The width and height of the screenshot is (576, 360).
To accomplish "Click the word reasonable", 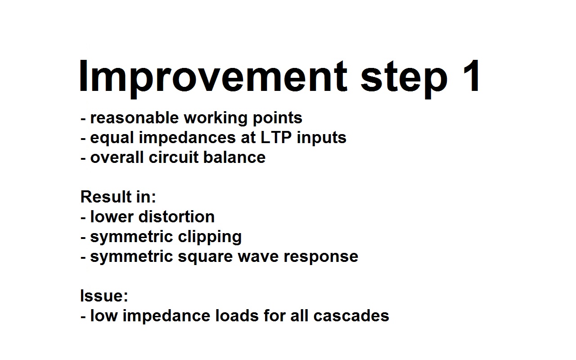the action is tap(135, 118).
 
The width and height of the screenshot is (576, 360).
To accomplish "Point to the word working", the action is tap(216, 119).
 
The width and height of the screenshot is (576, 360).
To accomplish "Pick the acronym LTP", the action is tap(276, 137).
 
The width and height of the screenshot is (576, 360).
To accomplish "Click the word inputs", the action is tap(321, 138).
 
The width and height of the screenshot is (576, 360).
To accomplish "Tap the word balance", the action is tap(234, 157).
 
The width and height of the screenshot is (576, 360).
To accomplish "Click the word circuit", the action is tap(174, 157).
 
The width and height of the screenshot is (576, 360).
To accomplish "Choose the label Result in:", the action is tap(118, 197).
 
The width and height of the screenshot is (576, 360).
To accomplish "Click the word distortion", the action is tap(177, 216).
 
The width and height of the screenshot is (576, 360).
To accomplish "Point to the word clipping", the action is tap(210, 237).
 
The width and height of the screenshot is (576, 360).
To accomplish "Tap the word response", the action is tap(321, 257).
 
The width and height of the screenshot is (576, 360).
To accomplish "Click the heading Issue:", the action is tap(104, 296).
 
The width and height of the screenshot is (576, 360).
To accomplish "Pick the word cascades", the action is tap(351, 315).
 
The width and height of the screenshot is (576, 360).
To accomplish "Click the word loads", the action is tap(237, 315).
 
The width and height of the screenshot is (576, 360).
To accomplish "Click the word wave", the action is tap(258, 257).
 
